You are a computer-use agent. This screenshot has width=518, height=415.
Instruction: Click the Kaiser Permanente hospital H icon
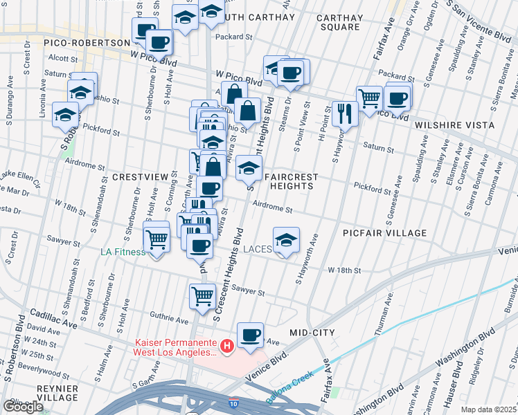(x=226, y=344)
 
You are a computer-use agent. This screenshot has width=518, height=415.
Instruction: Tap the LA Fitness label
(x=123, y=252)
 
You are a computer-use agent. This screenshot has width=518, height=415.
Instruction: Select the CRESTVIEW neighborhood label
(x=141, y=177)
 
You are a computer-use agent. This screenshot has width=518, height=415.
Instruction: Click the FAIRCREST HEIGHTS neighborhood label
(x=291, y=181)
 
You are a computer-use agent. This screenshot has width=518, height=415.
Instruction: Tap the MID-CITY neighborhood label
(x=312, y=333)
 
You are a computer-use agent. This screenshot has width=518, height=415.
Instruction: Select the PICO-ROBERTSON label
(x=66, y=43)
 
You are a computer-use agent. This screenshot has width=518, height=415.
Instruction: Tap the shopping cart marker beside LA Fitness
(x=157, y=239)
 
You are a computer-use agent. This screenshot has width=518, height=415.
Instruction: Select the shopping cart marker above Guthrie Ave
(x=202, y=295)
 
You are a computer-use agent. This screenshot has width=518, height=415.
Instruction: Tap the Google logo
(x=23, y=407)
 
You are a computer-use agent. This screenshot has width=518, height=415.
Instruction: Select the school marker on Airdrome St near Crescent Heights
(x=249, y=167)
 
